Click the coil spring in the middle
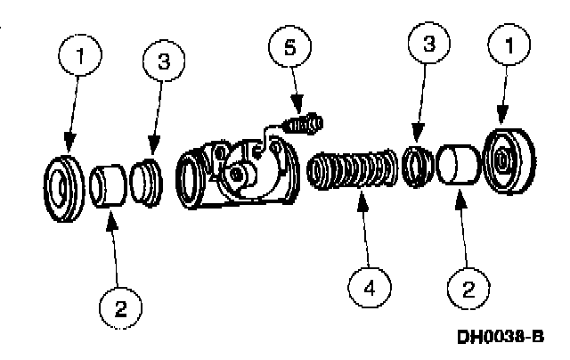[x=354, y=169]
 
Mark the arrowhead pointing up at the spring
[x=362, y=197]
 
